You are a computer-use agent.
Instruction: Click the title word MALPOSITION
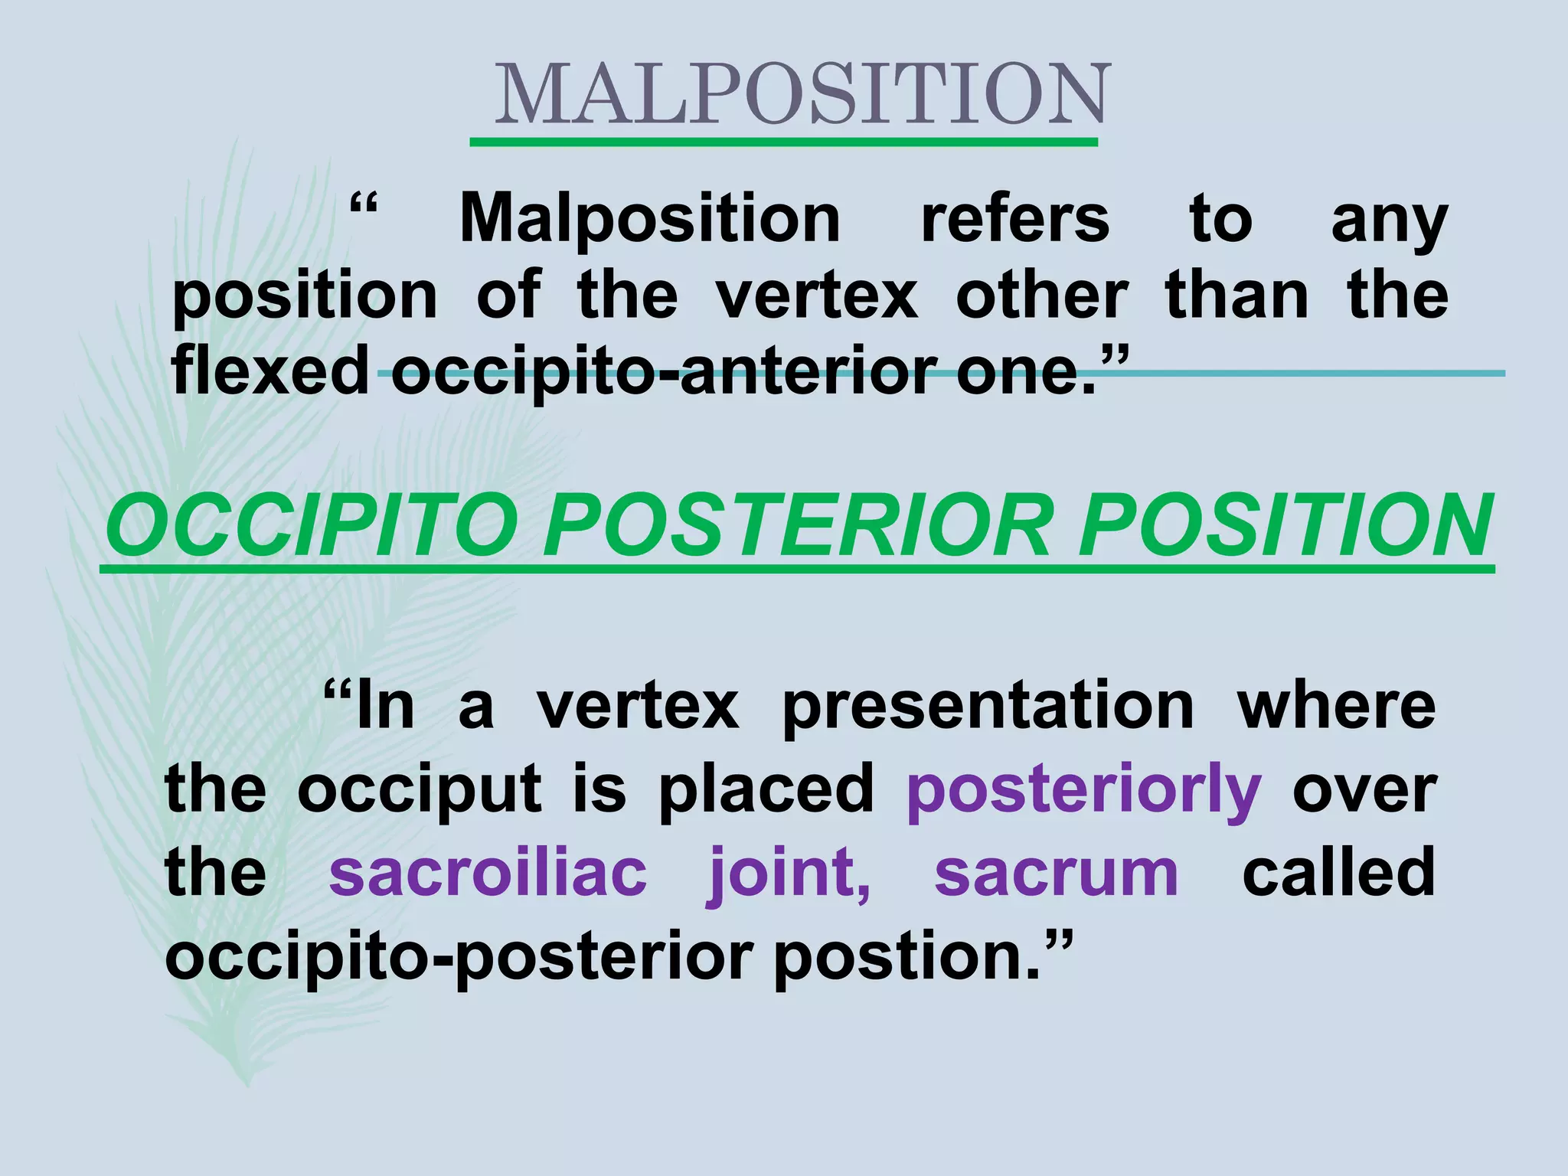(801, 96)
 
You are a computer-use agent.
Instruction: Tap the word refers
(1014, 219)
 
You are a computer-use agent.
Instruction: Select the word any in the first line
(1389, 223)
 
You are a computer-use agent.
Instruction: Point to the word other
(1041, 296)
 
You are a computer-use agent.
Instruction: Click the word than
(1236, 296)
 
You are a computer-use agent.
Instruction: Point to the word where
(1336, 706)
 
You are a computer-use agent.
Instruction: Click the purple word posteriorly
(1083, 792)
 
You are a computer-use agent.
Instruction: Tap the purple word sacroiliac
(488, 873)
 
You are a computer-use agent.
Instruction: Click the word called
(1338, 873)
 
